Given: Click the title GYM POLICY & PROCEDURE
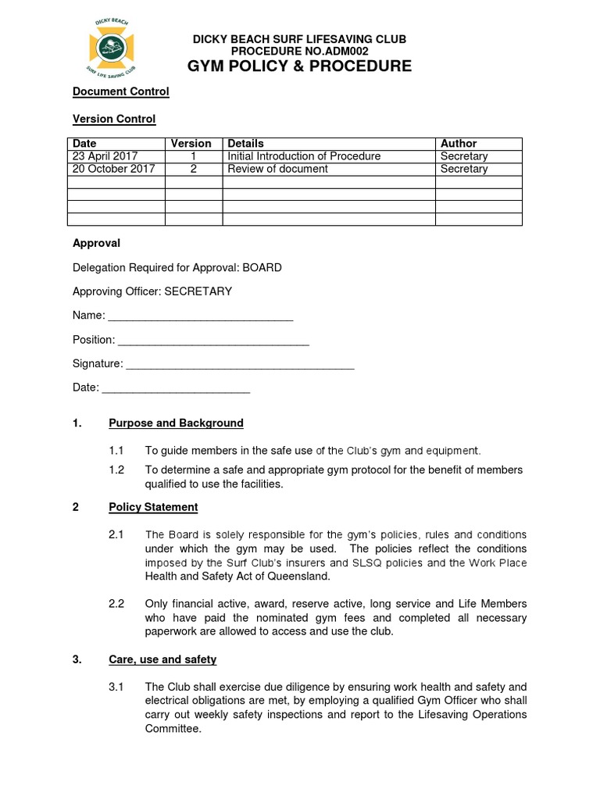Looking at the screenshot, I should [300, 66].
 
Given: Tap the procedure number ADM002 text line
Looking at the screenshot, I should [300, 50].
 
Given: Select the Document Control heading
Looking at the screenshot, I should [120, 91].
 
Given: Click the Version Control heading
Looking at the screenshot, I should [114, 119].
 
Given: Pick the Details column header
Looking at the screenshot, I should [245, 144].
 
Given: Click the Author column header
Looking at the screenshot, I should [459, 144].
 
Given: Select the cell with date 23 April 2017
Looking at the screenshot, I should [105, 156].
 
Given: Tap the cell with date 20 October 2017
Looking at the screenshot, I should [113, 169].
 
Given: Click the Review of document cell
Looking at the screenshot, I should [277, 169].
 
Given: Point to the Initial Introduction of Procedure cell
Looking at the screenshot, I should [303, 156].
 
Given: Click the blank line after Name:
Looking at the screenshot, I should [200, 316].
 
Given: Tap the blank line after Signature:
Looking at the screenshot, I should [240, 364].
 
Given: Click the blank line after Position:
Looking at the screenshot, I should [212, 341].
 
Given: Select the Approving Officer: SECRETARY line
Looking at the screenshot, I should [152, 291].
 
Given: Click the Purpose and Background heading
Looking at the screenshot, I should [176, 423].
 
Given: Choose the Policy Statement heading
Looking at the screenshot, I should [153, 507].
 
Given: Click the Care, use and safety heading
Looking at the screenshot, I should [162, 659].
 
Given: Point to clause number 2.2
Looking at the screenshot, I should [116, 604].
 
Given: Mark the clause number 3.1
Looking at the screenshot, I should [116, 687].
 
